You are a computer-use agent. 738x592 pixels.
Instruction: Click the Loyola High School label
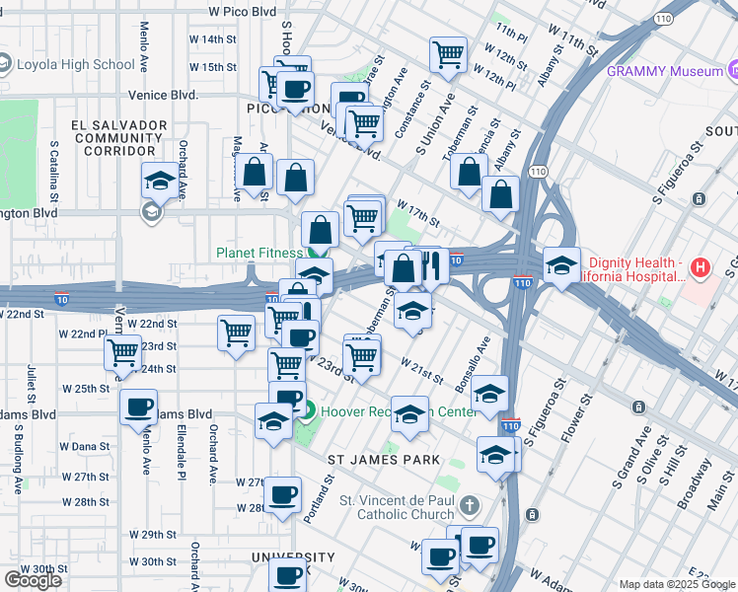click(75, 65)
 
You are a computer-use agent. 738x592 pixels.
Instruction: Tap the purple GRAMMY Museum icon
click(733, 71)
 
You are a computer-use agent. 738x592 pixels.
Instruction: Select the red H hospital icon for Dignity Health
click(700, 266)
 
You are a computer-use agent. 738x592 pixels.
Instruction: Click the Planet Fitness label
click(258, 253)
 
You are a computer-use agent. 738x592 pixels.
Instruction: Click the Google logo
click(33, 580)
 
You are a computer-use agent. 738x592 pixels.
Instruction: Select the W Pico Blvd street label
click(242, 12)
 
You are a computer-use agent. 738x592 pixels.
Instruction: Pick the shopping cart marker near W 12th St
click(449, 54)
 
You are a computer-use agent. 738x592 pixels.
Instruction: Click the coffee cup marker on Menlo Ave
click(138, 407)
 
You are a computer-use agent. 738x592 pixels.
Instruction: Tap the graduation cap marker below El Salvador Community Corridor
click(159, 182)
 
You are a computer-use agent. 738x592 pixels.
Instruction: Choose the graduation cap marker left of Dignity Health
click(561, 265)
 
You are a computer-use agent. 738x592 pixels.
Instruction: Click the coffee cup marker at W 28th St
click(283, 495)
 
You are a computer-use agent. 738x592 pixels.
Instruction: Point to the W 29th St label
click(158, 535)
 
